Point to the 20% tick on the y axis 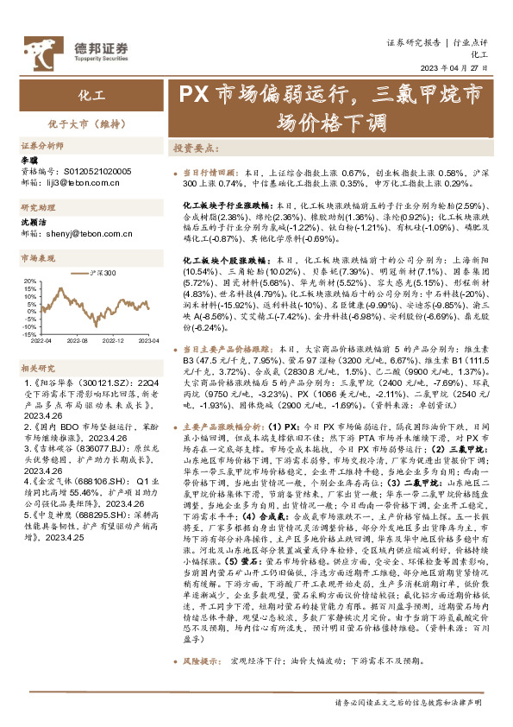pyautogui.click(x=30, y=280)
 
